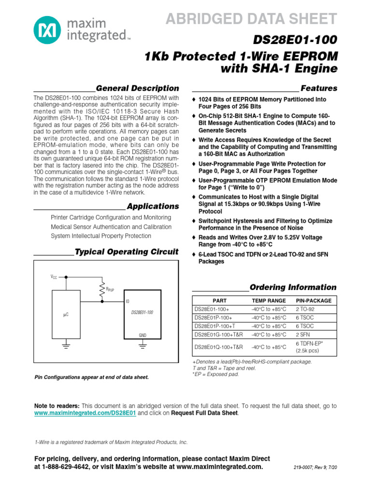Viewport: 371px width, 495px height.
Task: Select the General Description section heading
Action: click(137, 88)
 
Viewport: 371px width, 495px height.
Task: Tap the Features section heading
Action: click(319, 88)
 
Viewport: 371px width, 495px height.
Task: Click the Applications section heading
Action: click(153, 206)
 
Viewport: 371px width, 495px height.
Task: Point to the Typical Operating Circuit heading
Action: click(127, 252)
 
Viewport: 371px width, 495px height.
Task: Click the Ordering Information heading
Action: click(293, 287)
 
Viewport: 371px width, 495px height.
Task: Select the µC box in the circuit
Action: click(66, 314)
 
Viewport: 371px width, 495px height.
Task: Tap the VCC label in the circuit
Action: click(54, 277)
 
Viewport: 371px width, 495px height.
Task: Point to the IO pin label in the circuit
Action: click(128, 301)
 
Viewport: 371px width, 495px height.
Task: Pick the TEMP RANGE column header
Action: click(269, 300)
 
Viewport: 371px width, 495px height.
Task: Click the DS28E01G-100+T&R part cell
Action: click(219, 335)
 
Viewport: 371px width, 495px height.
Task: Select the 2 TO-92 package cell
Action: click(305, 309)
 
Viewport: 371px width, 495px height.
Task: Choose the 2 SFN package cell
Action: click(303, 335)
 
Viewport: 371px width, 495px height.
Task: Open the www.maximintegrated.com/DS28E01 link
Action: click(85, 414)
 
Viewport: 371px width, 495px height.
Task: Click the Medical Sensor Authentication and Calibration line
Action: click(111, 227)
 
